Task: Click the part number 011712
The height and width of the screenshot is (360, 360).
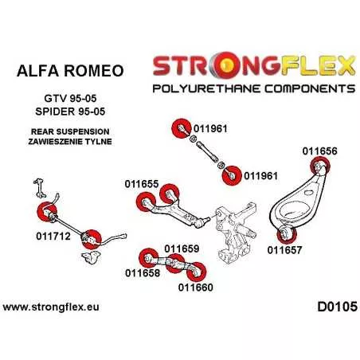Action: (x=53, y=236)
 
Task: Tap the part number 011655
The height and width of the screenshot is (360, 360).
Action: (x=142, y=184)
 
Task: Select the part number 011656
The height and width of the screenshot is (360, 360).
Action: (x=319, y=151)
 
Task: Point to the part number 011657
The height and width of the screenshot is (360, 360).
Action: (x=284, y=250)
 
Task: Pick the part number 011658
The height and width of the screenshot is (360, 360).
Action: (x=143, y=272)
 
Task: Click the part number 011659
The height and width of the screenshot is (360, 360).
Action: (x=182, y=248)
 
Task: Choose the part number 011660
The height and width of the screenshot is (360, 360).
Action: (x=196, y=288)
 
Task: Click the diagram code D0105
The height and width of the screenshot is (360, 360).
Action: (x=338, y=307)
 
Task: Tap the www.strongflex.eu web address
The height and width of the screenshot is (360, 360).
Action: (x=51, y=307)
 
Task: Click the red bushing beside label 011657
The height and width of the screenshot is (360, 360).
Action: (x=287, y=235)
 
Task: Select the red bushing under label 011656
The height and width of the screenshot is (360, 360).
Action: (x=320, y=166)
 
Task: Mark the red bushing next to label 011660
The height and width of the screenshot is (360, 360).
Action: (x=196, y=272)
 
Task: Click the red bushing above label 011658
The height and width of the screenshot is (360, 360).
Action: (x=149, y=258)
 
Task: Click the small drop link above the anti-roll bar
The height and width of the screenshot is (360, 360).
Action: (x=39, y=188)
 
